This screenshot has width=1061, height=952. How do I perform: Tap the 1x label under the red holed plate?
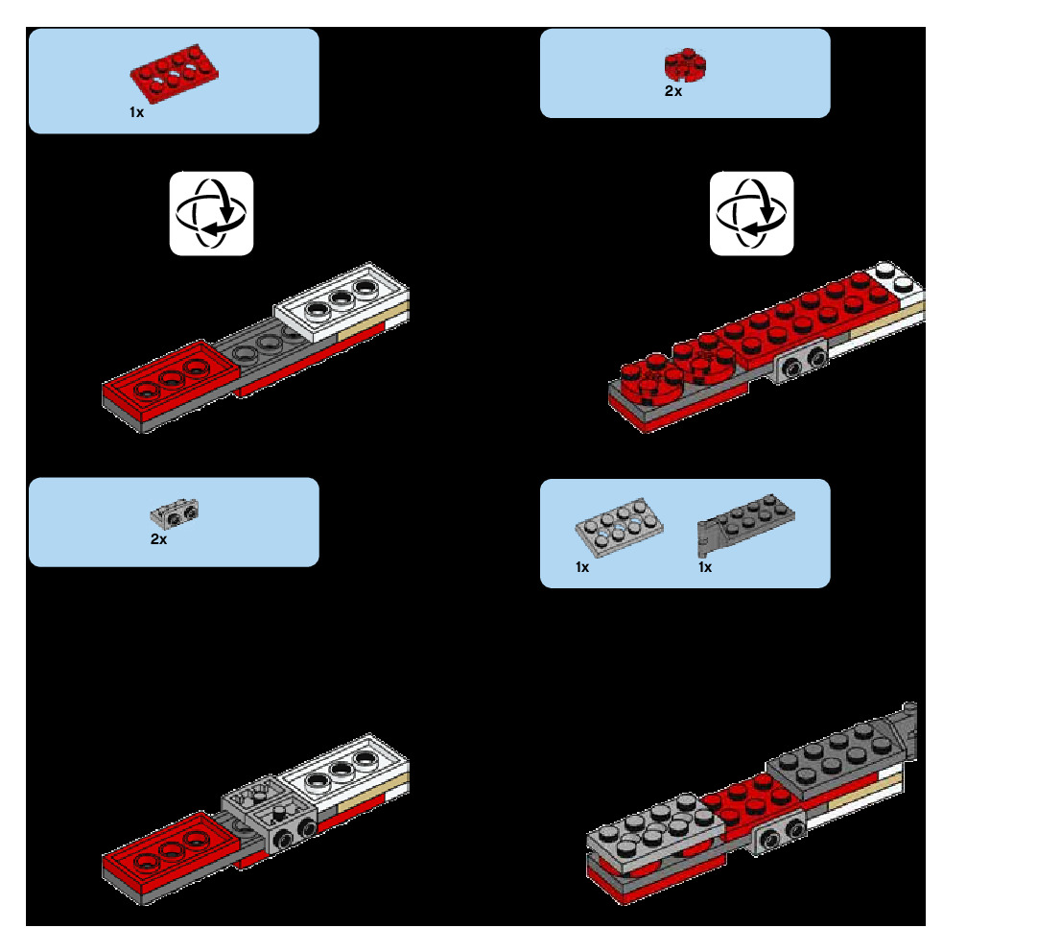[x=136, y=112]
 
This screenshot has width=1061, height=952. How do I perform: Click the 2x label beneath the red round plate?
[x=673, y=91]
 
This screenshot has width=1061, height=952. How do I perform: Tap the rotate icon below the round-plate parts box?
[x=751, y=213]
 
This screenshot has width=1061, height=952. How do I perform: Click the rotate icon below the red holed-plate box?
[x=211, y=213]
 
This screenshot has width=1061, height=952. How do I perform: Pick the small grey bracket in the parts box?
[x=175, y=513]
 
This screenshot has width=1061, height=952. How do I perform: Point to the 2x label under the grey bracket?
[x=158, y=539]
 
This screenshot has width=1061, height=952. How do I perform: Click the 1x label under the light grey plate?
[x=582, y=567]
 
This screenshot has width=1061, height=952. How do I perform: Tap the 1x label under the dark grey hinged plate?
[x=705, y=567]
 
